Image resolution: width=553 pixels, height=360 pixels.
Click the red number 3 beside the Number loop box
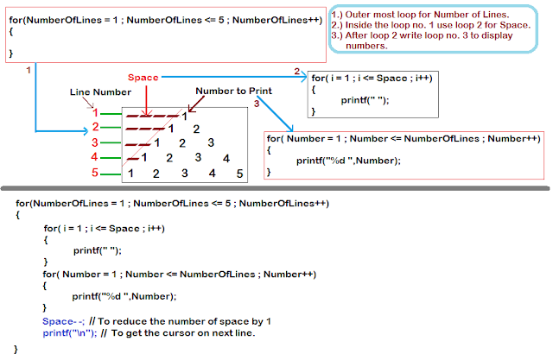pos(257,104)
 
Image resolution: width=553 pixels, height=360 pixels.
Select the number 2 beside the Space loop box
pos(296,72)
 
